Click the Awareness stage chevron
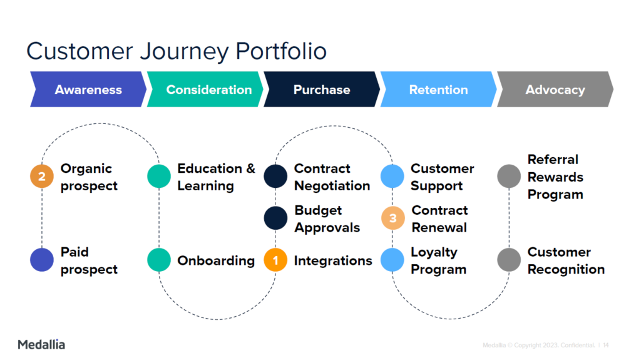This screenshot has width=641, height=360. [x=88, y=90]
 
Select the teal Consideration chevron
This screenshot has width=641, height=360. [x=208, y=90]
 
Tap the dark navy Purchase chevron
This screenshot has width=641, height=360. [x=322, y=90]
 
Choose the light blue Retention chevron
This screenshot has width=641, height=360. [x=438, y=90]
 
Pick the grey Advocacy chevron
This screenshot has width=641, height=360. [x=555, y=90]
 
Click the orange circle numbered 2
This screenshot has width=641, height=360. [x=42, y=177]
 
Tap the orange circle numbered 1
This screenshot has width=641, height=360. [x=275, y=260]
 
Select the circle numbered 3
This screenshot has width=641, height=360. [x=392, y=219]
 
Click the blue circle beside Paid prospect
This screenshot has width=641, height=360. [x=42, y=260]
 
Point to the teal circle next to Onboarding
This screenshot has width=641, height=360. [x=159, y=260]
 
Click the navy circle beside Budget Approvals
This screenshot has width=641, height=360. [x=275, y=219]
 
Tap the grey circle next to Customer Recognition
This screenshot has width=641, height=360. [x=509, y=260]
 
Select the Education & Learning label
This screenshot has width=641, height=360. [x=216, y=177]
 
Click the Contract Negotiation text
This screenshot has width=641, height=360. [x=332, y=177]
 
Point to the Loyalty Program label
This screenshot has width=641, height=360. [x=438, y=260]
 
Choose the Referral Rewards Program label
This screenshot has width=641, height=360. [x=555, y=177]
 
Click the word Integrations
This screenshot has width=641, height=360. [x=333, y=260]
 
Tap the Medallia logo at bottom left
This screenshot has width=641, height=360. [x=41, y=344]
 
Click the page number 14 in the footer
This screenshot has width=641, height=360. [x=606, y=345]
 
